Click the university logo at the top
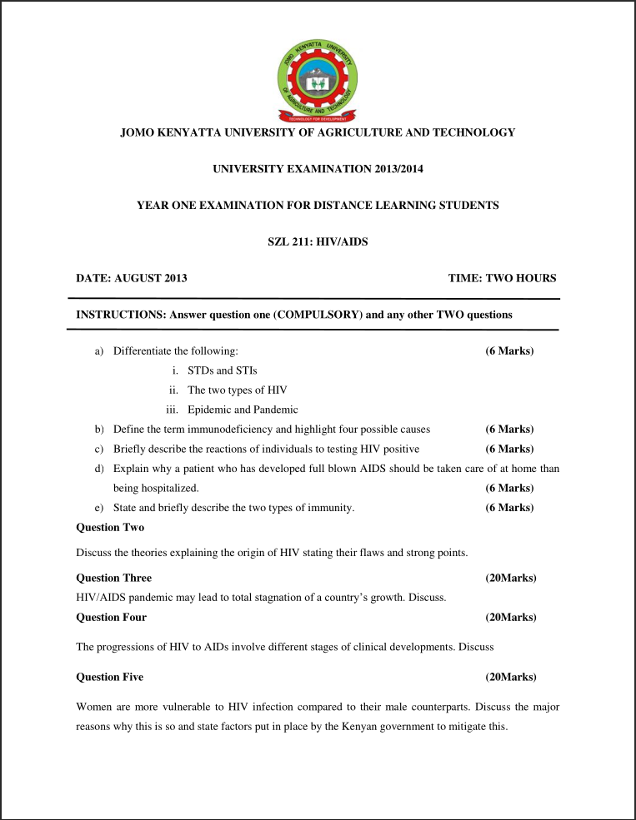(318, 80)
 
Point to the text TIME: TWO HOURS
(502, 278)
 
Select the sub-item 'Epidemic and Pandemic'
(243, 410)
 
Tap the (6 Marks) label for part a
(509, 350)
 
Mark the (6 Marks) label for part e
(509, 508)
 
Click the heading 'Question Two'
(110, 528)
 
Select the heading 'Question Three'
(114, 578)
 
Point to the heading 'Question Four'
(111, 618)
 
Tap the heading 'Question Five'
(109, 678)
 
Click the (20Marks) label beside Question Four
(510, 618)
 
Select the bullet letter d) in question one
(98, 469)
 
